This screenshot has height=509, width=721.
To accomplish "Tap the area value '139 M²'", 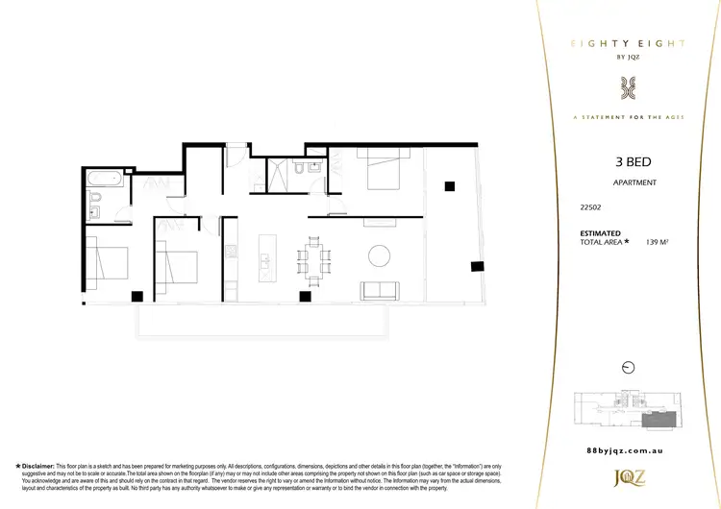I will [658, 242].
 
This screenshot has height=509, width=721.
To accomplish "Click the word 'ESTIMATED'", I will [601, 233].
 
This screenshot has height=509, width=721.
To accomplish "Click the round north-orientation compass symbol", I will [629, 367].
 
